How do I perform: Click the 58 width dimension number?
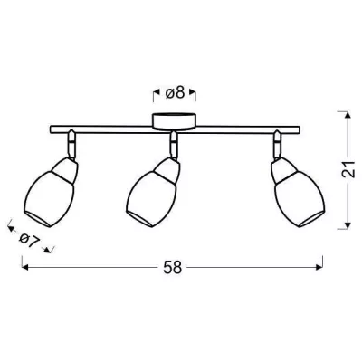pyautogui.click(x=172, y=268)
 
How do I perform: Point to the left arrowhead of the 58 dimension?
pyautogui.click(x=24, y=268)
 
